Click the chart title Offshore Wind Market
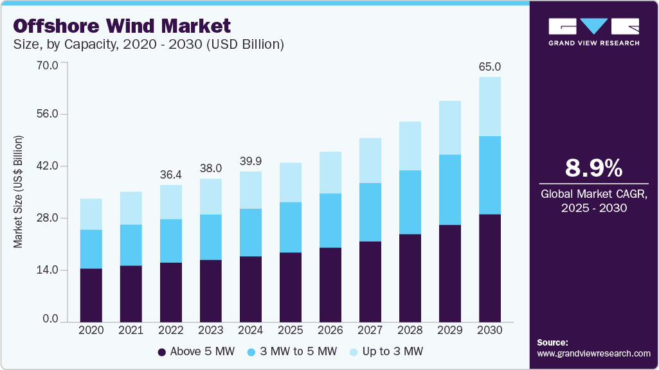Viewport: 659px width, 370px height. pos(122,26)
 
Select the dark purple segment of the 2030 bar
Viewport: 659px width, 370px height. pos(491,267)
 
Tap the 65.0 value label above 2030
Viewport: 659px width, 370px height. pos(491,67)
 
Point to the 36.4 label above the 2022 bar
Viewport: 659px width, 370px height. pos(171,174)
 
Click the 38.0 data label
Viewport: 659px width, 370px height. pos(211,168)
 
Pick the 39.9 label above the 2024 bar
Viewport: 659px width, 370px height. pos(251,161)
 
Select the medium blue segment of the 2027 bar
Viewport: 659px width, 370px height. pos(370,212)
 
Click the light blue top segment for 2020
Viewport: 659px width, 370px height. pos(91,214)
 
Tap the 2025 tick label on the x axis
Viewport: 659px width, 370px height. pos(291,330)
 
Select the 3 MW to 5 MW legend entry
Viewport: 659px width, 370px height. pos(297,352)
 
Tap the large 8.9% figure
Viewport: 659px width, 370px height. pos(593,168)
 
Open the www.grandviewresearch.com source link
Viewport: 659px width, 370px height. pos(593,353)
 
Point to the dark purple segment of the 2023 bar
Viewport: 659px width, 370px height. pos(211,290)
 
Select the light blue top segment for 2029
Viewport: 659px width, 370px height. pos(451,128)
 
